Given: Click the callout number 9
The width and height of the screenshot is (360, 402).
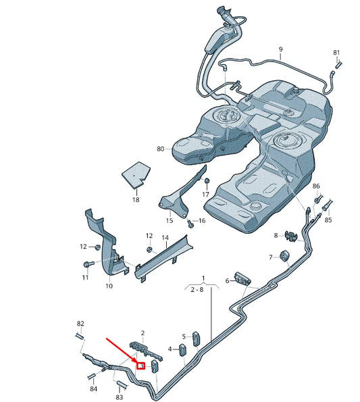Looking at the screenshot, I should click(280, 49).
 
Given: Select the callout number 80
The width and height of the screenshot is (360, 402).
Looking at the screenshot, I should click(160, 149).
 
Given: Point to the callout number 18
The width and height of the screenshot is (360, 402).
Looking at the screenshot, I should click(135, 200).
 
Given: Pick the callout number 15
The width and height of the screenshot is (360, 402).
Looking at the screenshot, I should click(170, 221).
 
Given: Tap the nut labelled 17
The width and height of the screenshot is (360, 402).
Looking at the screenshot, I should click(208, 181).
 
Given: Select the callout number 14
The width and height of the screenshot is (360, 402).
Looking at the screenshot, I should click(165, 238).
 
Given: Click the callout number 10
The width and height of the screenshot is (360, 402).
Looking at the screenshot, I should click(109, 286).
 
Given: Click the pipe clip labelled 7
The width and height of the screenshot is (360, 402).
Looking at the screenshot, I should click(284, 257).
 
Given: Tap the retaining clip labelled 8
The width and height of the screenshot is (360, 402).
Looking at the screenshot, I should click(292, 235).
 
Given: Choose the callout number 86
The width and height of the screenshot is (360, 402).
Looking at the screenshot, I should click(317, 186).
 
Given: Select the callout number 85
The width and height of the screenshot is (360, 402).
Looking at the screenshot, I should click(328, 220).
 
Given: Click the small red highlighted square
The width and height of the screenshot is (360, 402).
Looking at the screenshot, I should click(141, 366).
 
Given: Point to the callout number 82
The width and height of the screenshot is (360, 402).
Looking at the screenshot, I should click(80, 324).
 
